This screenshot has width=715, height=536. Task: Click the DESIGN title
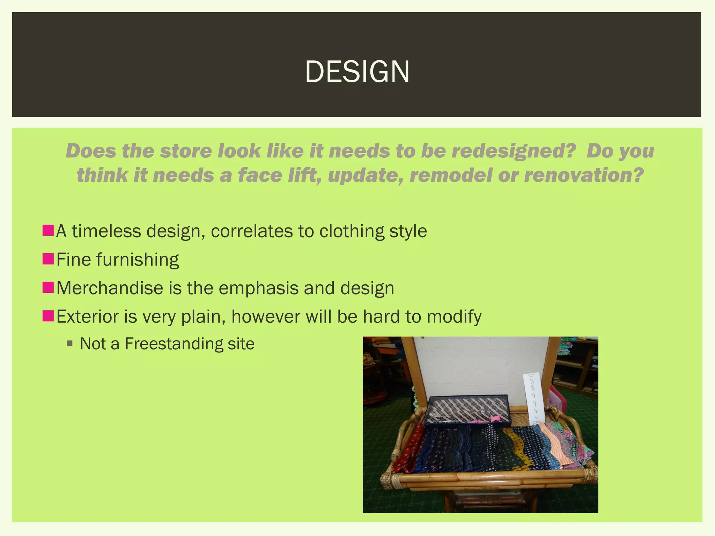[x=357, y=72]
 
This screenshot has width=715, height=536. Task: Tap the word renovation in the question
[x=583, y=175]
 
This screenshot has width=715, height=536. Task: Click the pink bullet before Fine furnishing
[x=48, y=259]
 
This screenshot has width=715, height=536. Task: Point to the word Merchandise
[x=110, y=288]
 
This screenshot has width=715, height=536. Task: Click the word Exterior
[x=87, y=317]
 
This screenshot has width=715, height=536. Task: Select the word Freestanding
[x=174, y=344]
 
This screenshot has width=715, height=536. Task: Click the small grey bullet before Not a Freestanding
[x=70, y=344]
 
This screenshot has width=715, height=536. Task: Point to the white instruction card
[x=533, y=398]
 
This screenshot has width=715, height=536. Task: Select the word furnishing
[x=138, y=260]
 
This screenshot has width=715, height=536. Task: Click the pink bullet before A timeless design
[x=48, y=231]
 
